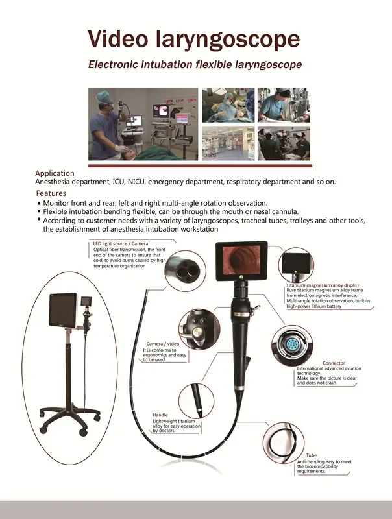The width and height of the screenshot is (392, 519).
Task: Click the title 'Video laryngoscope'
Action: click(195, 40)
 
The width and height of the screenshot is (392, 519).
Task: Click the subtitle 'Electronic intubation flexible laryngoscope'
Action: click(195, 66)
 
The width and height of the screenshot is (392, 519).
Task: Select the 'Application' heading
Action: click(55, 173)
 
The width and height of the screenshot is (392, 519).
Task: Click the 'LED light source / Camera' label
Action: click(120, 243)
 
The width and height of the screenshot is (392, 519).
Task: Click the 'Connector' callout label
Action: click(334, 363)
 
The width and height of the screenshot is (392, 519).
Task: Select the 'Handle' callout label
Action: click(160, 415)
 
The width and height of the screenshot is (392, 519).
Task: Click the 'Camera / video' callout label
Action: click(163, 343)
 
